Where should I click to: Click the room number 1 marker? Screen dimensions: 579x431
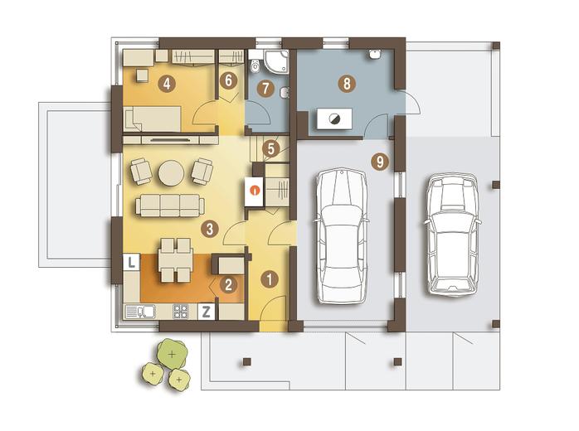coord(270,279)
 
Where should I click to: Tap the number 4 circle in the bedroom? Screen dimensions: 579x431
coord(167,85)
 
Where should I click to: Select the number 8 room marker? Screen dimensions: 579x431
coord(347,84)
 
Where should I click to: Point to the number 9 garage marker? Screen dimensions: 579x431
coord(381,162)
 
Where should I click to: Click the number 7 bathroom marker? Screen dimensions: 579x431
coord(266,88)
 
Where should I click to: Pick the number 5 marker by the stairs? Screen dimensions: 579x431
coord(271,149)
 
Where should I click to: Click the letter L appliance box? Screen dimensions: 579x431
coord(131,262)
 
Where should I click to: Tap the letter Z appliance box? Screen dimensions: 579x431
coord(206,312)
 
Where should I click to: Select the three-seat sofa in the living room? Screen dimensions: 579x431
coord(170,206)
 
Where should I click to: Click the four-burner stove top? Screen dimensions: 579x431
coord(181,312)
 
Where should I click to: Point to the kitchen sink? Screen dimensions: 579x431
coord(140,312)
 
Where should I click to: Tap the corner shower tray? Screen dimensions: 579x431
coord(276,61)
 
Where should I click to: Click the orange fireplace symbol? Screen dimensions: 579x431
coord(255,191)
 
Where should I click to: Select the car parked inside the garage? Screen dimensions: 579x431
coord(342,236)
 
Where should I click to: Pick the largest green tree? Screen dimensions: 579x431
coord(172,354)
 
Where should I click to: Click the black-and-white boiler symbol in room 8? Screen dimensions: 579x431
coord(334,119)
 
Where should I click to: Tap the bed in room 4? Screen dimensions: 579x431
coord(152,119)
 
